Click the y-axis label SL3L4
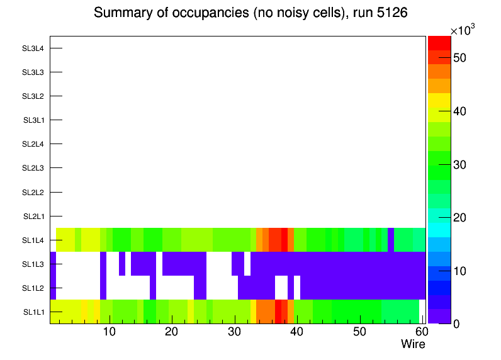click(33, 48)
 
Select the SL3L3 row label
click(33, 72)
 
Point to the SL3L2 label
click(33, 96)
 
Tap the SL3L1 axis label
click(33, 120)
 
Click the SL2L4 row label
click(33, 144)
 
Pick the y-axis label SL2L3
click(33, 168)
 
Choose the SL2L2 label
click(33, 192)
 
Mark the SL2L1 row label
click(33, 216)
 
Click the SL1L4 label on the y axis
click(33, 240)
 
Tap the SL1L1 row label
click(33, 312)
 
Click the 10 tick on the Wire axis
click(110, 332)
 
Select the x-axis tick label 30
click(234, 332)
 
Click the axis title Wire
click(413, 344)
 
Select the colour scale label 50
click(459, 58)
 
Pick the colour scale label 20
click(459, 218)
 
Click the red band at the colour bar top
click(439, 42)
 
